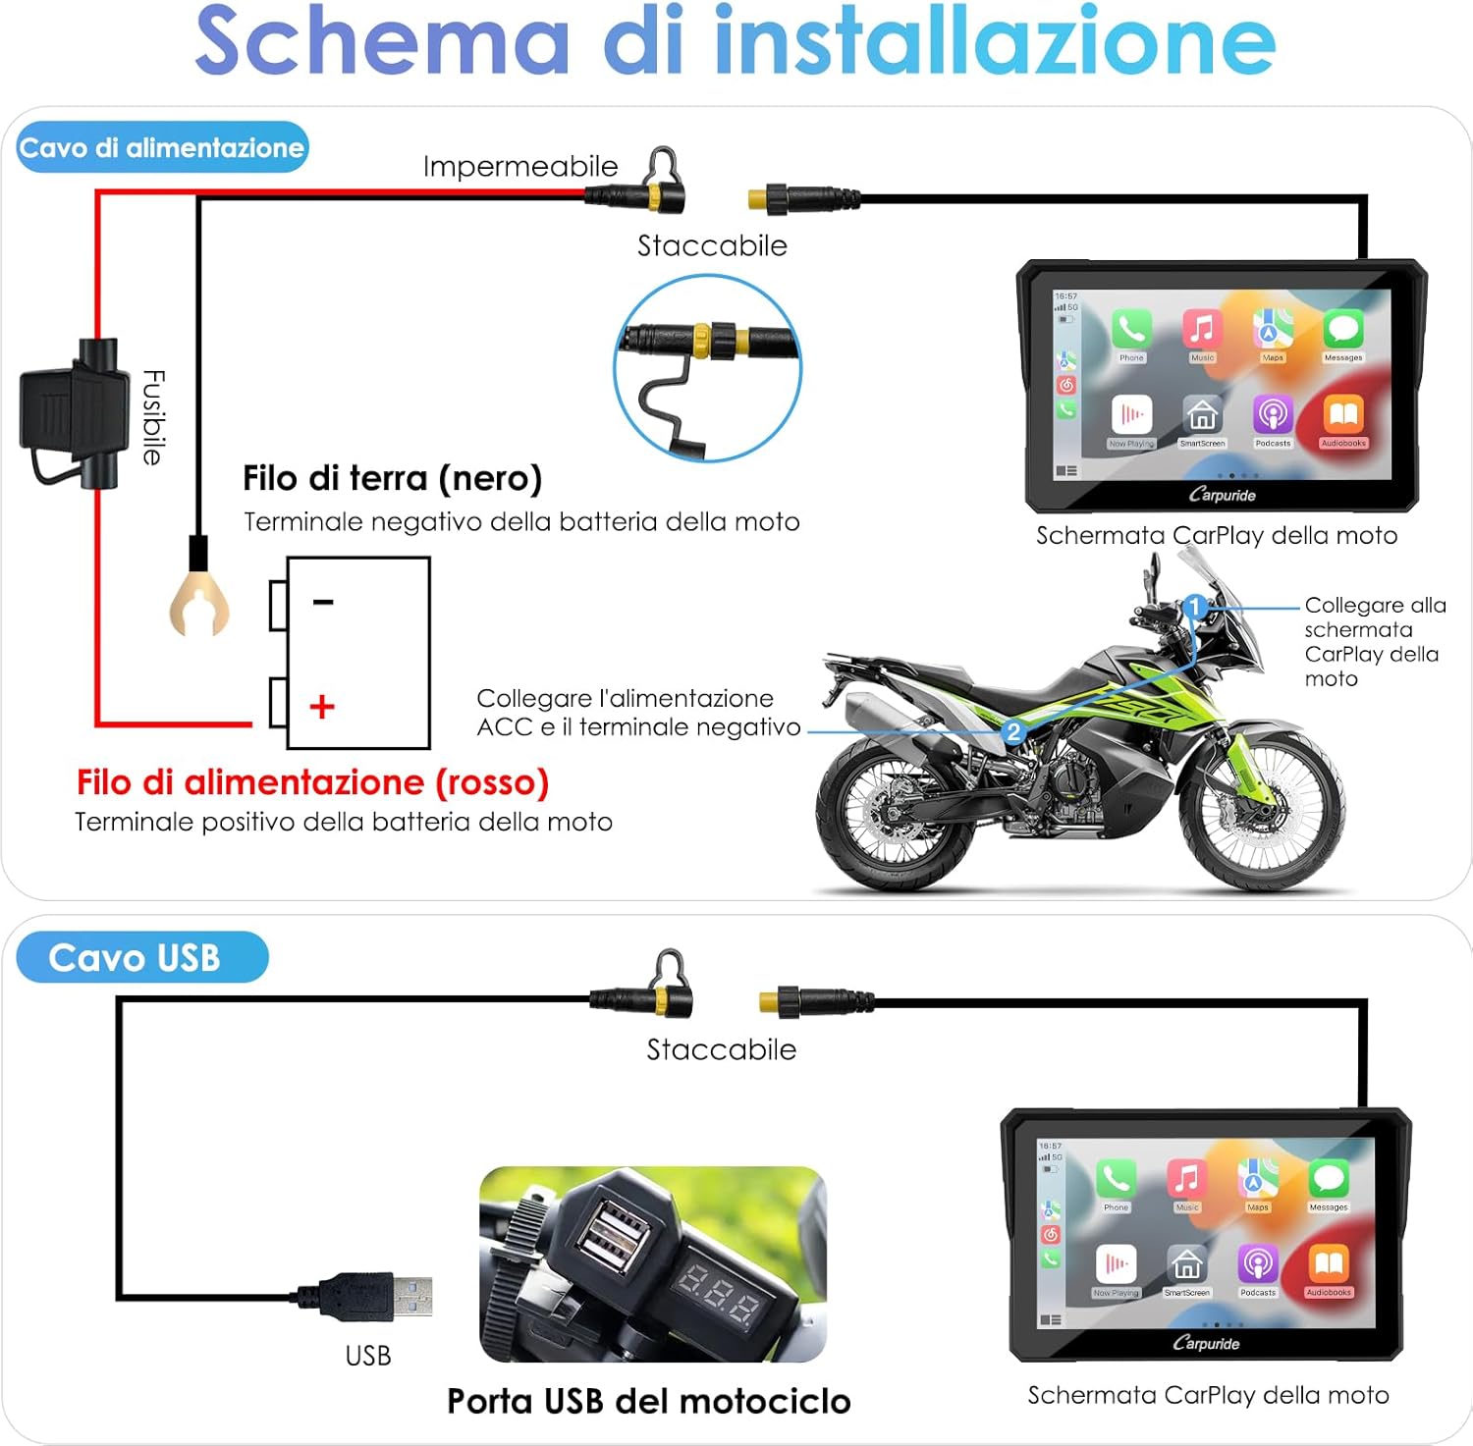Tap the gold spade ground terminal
[199, 602]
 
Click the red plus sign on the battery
[322, 707]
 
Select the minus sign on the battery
[323, 602]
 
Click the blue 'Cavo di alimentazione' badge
[162, 148]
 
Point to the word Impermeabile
[520, 167]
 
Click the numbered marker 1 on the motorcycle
[1195, 607]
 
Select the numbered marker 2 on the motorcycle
[1013, 731]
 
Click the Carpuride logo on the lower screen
[1206, 1343]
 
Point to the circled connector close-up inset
[708, 368]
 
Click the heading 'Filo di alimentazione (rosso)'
[312, 782]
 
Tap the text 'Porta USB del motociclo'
[648, 1401]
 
